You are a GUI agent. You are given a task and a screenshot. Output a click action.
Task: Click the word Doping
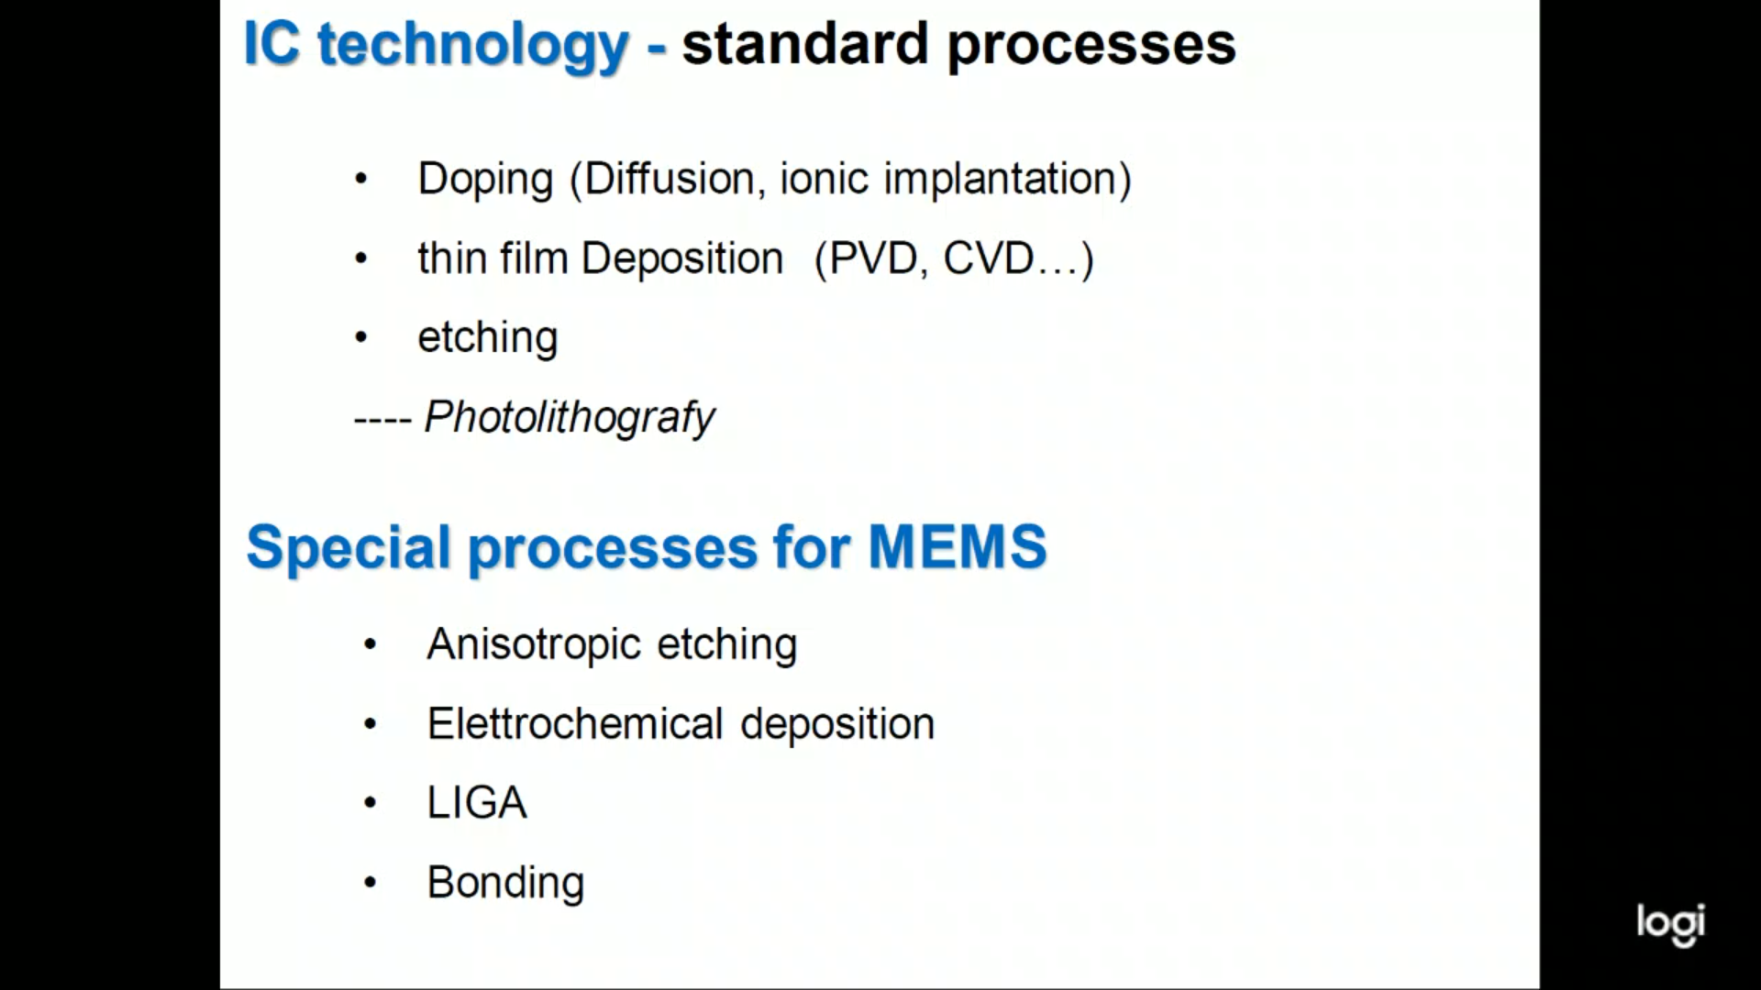(x=485, y=180)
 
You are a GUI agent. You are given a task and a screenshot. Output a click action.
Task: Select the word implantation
(x=998, y=180)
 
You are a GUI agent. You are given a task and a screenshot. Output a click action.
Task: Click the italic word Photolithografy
(x=569, y=418)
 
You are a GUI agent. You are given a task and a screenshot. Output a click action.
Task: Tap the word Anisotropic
(x=534, y=645)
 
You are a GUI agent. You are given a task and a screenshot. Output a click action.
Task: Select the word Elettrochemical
(x=575, y=724)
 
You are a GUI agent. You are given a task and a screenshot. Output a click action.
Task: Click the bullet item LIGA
(x=477, y=803)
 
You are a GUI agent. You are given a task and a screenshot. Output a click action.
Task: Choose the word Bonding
(x=505, y=884)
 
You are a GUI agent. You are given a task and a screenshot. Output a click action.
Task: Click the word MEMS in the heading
(x=958, y=546)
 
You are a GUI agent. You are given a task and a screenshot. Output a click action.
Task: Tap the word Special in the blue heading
(x=349, y=549)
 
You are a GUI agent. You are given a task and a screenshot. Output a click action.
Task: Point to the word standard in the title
(x=805, y=44)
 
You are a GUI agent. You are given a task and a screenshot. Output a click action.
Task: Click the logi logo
(x=1670, y=925)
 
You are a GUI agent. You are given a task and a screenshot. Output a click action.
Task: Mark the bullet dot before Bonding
(x=370, y=883)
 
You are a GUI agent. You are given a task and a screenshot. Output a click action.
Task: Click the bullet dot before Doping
(x=360, y=179)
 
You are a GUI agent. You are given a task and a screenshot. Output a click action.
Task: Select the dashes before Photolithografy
(x=382, y=420)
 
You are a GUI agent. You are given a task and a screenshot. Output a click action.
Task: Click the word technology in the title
(x=473, y=46)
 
